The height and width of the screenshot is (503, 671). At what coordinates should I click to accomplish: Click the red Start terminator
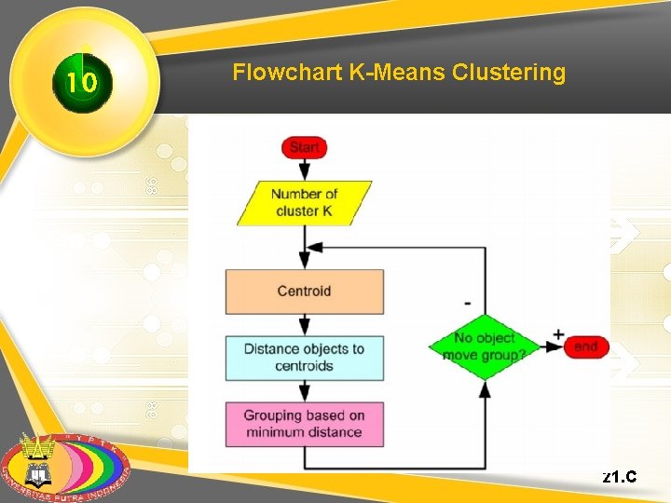(304, 147)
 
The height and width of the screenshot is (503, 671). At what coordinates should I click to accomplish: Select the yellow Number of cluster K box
(304, 203)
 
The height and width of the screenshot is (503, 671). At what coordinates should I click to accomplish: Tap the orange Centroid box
(304, 292)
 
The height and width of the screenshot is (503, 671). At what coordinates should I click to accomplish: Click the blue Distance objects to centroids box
(304, 358)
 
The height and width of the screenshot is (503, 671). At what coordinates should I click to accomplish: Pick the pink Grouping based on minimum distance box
(304, 424)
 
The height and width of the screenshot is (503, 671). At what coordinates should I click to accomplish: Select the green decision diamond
(485, 347)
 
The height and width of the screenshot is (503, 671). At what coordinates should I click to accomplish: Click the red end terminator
(586, 347)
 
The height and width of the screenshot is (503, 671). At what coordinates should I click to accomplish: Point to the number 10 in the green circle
(82, 84)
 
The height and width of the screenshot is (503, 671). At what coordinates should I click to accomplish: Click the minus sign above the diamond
(467, 304)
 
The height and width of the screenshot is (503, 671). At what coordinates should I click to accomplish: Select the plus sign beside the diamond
(558, 333)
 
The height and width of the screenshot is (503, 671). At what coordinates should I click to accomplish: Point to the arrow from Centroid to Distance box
(304, 324)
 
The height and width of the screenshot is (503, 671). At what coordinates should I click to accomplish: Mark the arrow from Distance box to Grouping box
(304, 391)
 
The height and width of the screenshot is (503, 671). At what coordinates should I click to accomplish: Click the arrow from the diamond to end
(552, 347)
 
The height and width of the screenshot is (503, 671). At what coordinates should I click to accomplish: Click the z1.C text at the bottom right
(620, 478)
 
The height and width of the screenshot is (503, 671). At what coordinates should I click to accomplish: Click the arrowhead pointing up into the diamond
(485, 389)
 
